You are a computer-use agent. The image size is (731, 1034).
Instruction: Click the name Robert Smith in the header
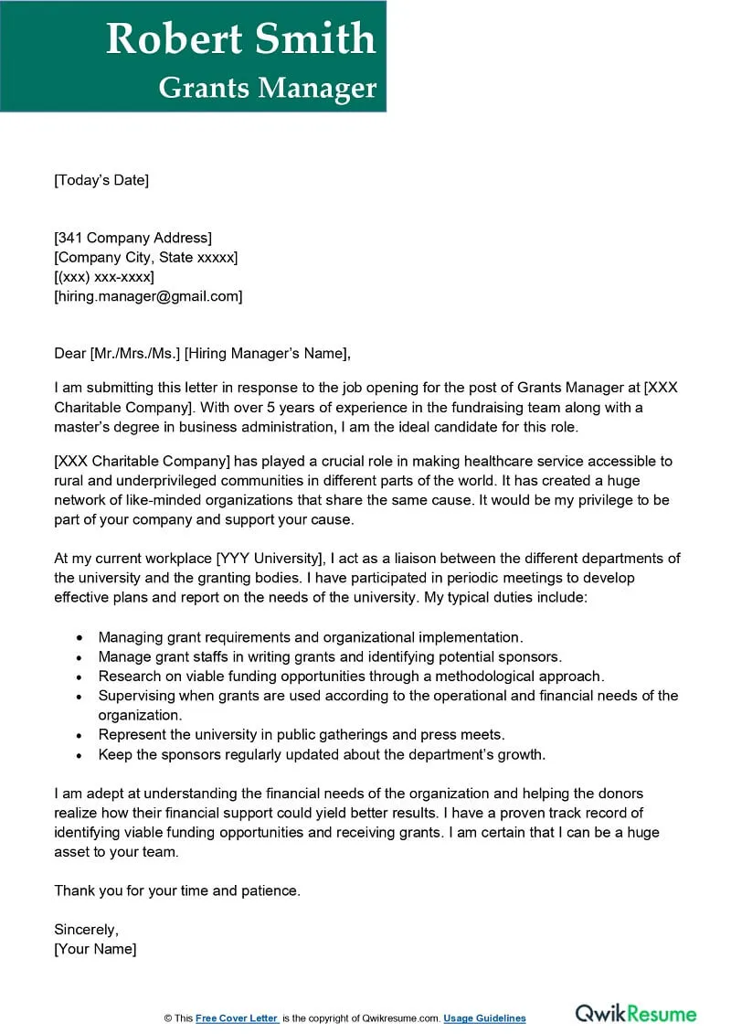pos(240,38)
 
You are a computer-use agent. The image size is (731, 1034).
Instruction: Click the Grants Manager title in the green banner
pos(267,87)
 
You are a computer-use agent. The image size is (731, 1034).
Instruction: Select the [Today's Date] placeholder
pos(101,180)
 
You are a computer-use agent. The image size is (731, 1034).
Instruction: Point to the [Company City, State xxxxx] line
pos(145,258)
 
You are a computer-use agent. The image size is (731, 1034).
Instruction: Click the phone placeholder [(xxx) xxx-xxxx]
pos(104,277)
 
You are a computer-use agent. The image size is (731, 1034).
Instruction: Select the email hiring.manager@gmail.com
pos(148,296)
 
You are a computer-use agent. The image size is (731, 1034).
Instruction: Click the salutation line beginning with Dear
pos(202,354)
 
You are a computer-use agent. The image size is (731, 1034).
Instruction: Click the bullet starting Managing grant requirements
pos(311,637)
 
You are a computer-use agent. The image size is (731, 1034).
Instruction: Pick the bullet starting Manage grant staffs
pos(330,656)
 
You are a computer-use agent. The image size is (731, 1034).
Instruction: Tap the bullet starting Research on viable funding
pos(351,677)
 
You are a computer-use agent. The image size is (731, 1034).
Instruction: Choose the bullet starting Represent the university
pos(302,735)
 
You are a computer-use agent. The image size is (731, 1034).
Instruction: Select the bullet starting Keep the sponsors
pos(322,754)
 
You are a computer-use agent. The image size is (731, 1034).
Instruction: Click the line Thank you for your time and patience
pos(177,890)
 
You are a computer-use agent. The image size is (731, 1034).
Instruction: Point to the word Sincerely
pos(86,930)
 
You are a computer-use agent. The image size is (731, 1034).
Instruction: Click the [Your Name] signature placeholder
pos(95,949)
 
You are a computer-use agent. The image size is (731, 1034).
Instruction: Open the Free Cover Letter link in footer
pos(237,1018)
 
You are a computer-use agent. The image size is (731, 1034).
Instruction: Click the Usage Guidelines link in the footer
pos(485,1018)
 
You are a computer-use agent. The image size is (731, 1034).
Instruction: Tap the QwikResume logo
pos(635,1014)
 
